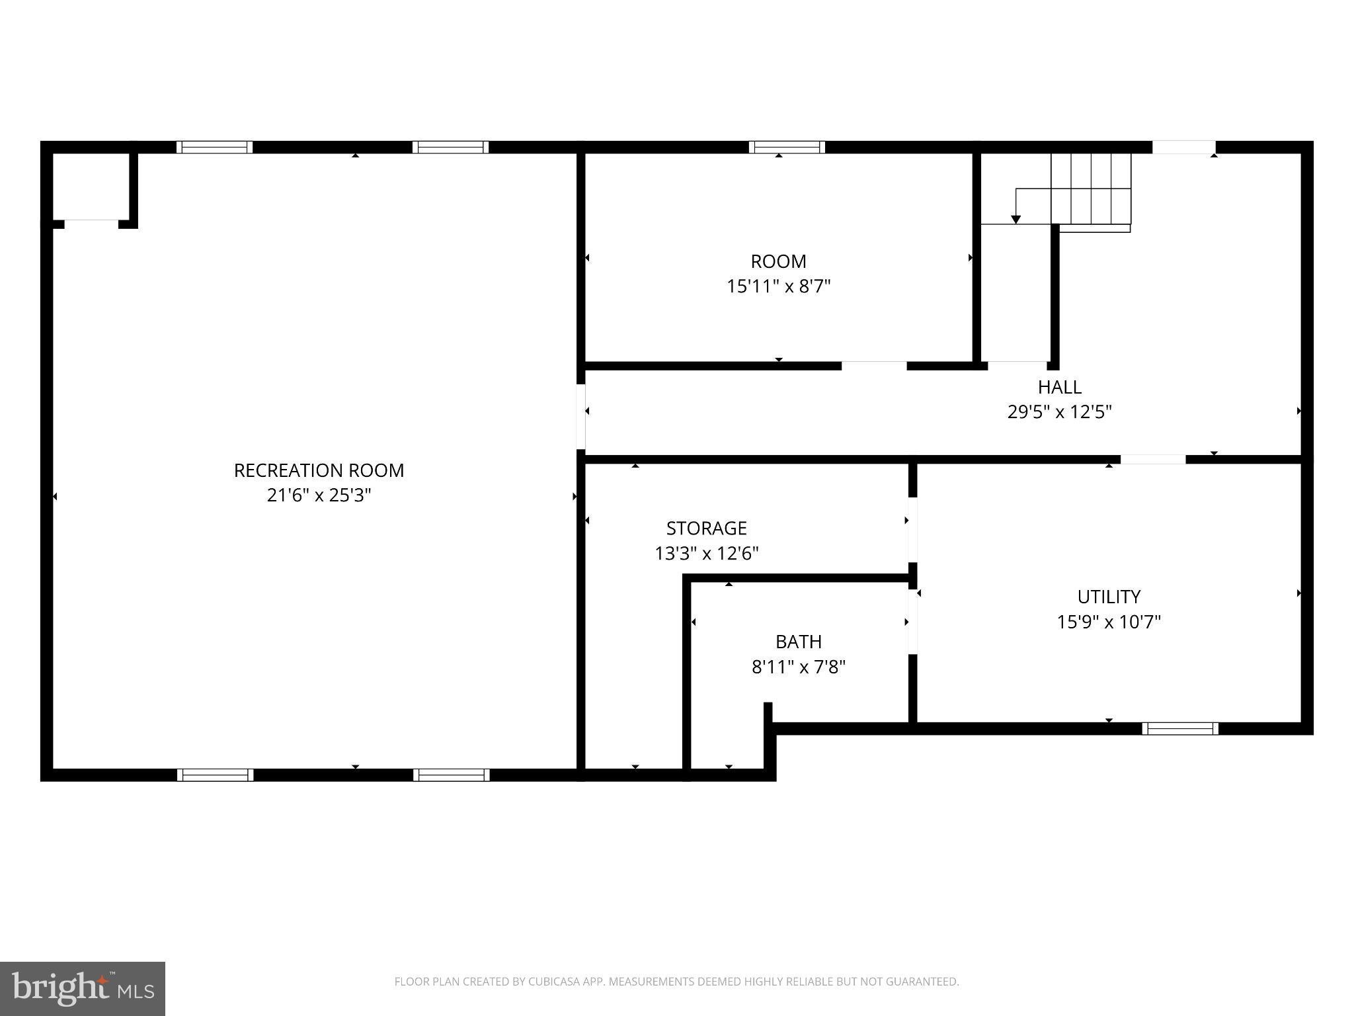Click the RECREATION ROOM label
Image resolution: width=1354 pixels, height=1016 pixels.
[x=319, y=470]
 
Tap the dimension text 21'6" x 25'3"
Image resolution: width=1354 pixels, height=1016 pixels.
[x=319, y=495]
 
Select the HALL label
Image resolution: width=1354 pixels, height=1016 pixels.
[x=1059, y=387]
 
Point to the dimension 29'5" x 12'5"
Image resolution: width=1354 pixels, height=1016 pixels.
[x=1059, y=412]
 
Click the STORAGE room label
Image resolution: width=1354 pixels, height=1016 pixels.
[x=706, y=528]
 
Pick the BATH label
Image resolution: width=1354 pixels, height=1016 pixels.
[x=799, y=642]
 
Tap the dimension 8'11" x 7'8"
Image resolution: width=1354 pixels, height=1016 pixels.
[x=799, y=667]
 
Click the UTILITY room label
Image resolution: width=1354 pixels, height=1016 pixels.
[x=1109, y=597]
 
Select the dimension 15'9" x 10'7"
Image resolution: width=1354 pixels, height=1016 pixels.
[x=1109, y=622]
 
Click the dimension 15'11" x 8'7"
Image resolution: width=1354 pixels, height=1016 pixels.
[x=778, y=286]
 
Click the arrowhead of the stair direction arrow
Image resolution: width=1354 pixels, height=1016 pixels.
[x=1016, y=220]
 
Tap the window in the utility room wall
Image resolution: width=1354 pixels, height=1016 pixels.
[x=1180, y=728]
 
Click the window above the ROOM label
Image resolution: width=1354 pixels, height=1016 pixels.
[x=787, y=147]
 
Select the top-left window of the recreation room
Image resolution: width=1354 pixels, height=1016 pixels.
[x=214, y=147]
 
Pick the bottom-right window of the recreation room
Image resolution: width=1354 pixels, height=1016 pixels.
[x=452, y=775]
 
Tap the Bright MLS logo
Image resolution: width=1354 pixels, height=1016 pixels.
[x=83, y=989]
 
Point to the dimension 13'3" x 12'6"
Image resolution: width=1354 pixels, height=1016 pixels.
[x=706, y=553]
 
